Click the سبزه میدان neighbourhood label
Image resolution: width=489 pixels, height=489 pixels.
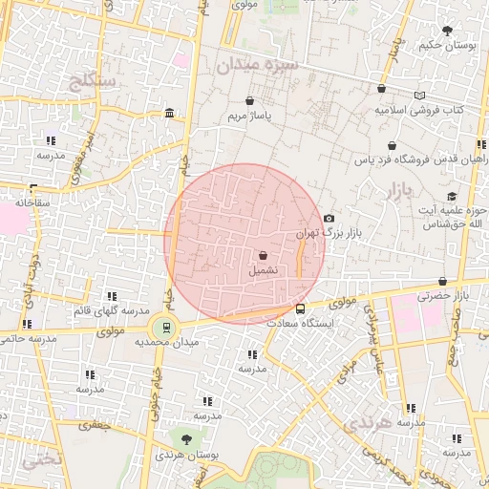(x=257, y=66)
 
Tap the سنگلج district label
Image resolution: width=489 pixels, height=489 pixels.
(x=93, y=81)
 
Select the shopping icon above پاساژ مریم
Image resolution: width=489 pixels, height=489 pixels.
(x=250, y=100)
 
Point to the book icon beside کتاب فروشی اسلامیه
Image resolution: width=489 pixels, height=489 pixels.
(x=420, y=96)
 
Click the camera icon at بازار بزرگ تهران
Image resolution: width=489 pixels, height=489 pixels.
(x=329, y=219)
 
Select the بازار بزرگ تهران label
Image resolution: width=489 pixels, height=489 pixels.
(x=318, y=232)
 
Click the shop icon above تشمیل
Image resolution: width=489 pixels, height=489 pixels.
(x=263, y=255)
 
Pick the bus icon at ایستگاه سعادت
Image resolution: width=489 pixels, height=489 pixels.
(x=301, y=308)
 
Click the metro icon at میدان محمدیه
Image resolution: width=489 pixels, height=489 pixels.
(x=167, y=327)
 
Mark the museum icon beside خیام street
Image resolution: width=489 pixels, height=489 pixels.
(x=169, y=114)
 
